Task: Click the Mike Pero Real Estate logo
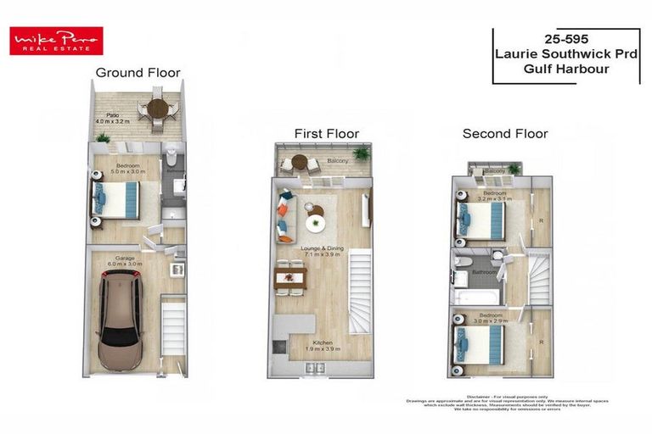pyautogui.click(x=56, y=41)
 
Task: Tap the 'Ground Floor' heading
pyautogui.click(x=138, y=73)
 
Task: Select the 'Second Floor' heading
pyautogui.click(x=504, y=134)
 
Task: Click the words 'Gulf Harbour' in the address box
pyautogui.click(x=566, y=69)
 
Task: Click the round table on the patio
pyautogui.click(x=158, y=109)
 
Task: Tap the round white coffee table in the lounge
pyautogui.click(x=316, y=223)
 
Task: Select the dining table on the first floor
pyautogui.click(x=290, y=278)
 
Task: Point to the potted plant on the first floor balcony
pyautogui.click(x=363, y=153)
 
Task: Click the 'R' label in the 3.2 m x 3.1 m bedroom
pyautogui.click(x=541, y=220)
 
